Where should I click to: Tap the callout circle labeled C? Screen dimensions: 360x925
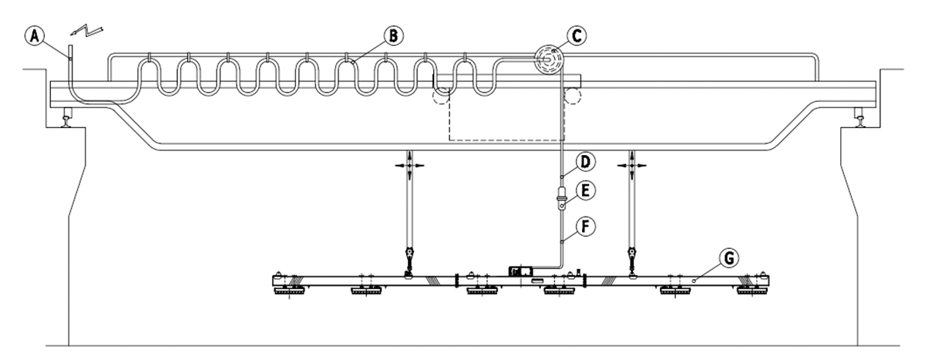(x=580, y=35)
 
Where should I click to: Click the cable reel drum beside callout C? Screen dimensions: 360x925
(x=548, y=59)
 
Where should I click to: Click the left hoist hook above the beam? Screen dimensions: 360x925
(x=409, y=257)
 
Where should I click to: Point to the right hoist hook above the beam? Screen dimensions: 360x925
(x=632, y=257)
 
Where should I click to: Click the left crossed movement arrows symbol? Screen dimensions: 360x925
(x=409, y=164)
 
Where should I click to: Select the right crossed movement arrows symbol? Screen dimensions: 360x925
(x=632, y=164)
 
